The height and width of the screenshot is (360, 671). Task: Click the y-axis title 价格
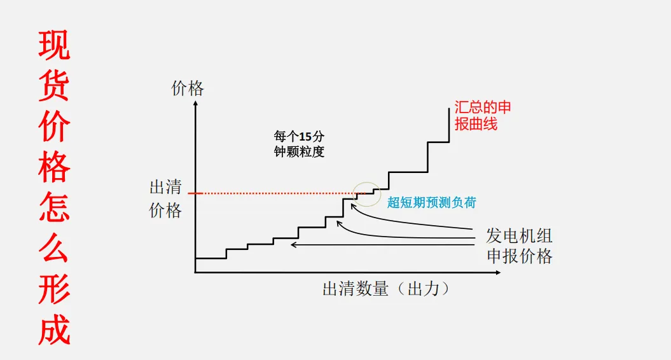[x=188, y=88]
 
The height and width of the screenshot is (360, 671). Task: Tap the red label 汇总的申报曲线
[x=482, y=115]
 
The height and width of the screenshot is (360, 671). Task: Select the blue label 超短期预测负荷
[x=431, y=203]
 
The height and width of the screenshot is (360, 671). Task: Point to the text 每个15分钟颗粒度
[x=299, y=144]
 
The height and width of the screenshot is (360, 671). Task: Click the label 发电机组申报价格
[x=519, y=246]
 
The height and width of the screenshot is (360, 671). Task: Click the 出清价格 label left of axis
[x=165, y=198]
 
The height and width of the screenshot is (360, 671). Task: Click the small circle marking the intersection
[x=367, y=193]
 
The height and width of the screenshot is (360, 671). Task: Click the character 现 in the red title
[x=54, y=45]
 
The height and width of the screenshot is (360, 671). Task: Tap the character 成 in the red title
[x=54, y=329]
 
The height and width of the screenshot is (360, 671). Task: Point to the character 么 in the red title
[x=54, y=249]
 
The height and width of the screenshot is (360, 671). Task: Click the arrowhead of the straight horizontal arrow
[x=293, y=244]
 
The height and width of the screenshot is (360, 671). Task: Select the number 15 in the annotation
[x=308, y=137]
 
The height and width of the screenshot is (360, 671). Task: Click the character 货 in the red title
[x=54, y=86]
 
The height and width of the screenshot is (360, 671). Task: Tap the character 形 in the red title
[x=54, y=289]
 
